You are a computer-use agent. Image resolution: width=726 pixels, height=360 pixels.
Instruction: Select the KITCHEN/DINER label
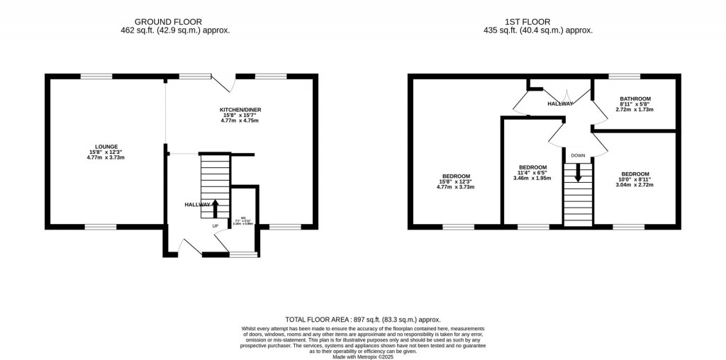pos(240,110)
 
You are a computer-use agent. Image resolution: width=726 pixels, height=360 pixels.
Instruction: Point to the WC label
pos(243,218)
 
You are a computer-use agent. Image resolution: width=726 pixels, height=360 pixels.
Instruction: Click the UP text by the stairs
pos(216,226)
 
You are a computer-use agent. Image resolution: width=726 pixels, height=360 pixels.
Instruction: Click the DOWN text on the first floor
pos(578,155)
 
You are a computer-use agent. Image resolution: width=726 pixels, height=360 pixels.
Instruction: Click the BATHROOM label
pos(635,99)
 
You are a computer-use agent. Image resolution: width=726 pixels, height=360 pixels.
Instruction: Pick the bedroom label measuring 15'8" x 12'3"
pos(456,176)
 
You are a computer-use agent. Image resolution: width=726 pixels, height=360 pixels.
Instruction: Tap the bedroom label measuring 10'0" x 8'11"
pos(635,174)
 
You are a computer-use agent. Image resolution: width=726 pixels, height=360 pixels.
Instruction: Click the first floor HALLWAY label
pos(559,104)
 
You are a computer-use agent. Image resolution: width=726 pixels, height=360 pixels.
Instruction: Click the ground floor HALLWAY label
pos(197,204)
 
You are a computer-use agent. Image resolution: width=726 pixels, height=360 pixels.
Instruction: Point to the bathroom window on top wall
pos(624,76)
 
